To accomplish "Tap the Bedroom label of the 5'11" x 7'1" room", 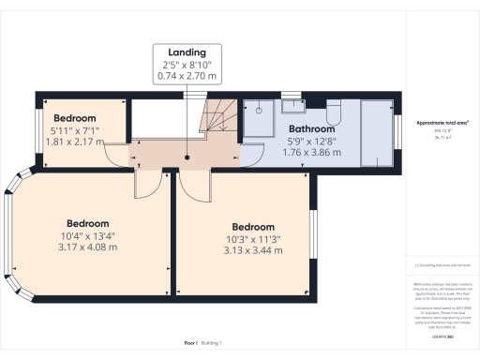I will [x=73, y=118].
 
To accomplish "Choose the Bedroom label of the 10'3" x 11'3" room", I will [x=253, y=227].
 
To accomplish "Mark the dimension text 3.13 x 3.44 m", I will [x=253, y=250].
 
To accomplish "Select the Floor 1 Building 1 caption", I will [x=208, y=344].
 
